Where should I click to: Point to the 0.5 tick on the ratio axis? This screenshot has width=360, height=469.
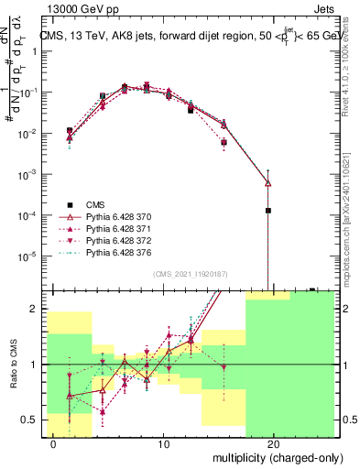point(29,420)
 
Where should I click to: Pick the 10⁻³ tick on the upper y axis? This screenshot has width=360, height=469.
point(29,174)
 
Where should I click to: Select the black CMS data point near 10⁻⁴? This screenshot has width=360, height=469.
point(267,211)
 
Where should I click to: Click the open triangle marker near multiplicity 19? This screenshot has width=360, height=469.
point(267,183)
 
